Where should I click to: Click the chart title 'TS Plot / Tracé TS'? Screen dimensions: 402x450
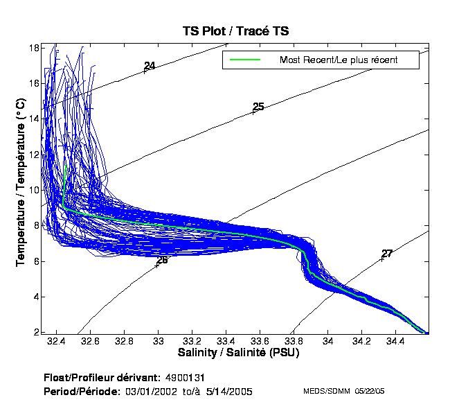pos(235,31)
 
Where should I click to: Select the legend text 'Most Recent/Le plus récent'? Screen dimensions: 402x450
pos(339,60)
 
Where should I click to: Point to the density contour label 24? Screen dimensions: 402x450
pos(150,66)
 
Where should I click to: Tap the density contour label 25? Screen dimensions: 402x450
pos(258,107)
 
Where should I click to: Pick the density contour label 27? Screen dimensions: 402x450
pos(387,254)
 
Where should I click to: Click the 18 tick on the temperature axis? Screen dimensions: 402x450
pos(33,48)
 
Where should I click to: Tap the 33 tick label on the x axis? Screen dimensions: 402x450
pos(159,342)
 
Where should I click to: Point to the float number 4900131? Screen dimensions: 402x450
pos(185,378)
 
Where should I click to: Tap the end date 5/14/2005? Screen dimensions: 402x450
pos(228,392)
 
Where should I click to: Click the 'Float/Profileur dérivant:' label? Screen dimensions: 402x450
pos(100,378)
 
